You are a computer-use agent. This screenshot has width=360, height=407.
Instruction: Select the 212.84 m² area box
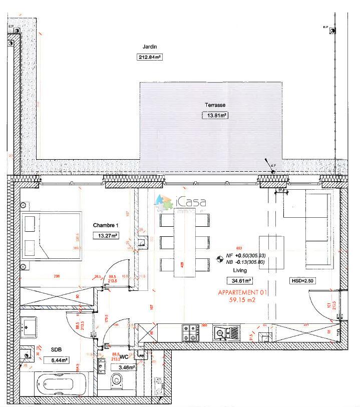[150, 57]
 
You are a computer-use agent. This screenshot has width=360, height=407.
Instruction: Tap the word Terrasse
[214, 105]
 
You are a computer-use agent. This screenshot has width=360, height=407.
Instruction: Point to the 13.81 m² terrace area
[214, 115]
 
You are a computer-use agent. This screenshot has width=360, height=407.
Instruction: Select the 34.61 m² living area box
[239, 281]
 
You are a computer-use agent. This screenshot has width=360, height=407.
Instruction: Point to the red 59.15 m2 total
[242, 300]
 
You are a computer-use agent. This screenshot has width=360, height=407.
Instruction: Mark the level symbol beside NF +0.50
[219, 259]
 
